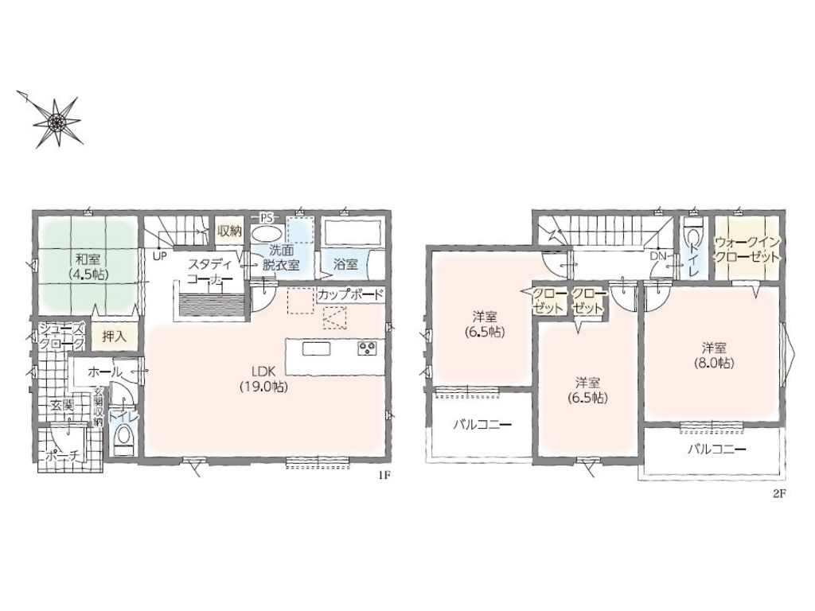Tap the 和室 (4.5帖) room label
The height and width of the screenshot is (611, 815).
(x=88, y=267)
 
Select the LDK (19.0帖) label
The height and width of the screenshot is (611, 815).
(x=264, y=379)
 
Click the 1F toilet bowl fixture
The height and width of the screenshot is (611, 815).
(x=123, y=437)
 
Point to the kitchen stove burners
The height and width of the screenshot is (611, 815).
(x=366, y=348)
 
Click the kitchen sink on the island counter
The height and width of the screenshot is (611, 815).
(x=317, y=348)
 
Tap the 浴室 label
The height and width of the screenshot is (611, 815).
(x=345, y=264)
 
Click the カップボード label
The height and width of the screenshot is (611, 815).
(x=350, y=294)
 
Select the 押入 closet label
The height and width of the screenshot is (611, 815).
(x=114, y=336)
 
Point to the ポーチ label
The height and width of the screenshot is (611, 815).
(x=62, y=456)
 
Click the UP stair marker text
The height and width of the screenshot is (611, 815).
(x=159, y=255)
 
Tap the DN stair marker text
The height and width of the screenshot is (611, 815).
(x=658, y=256)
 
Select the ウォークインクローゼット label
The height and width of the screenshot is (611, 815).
(x=747, y=250)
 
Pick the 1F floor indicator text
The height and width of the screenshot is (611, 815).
(x=384, y=475)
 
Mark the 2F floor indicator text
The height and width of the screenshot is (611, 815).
(x=778, y=494)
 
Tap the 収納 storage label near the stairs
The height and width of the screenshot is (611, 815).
(x=229, y=232)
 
